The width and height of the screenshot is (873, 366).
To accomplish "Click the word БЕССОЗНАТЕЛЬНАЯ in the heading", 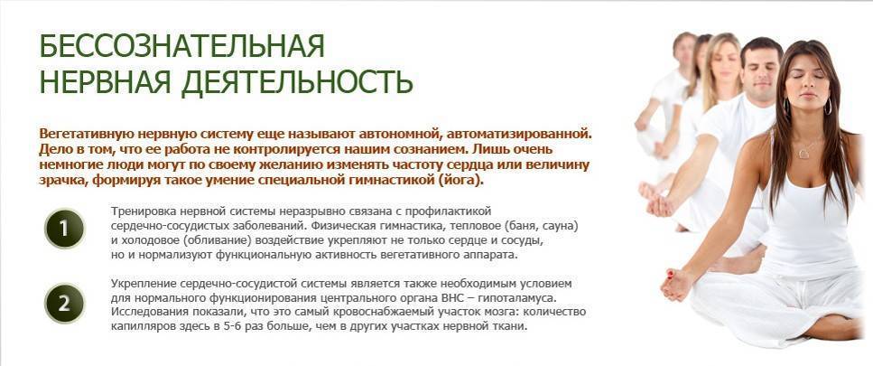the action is (x=181, y=46).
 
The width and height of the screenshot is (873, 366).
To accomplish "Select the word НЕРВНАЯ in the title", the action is (x=106, y=82).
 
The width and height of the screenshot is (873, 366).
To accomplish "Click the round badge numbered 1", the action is (x=64, y=229).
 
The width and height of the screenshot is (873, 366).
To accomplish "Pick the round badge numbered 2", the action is (x=64, y=304).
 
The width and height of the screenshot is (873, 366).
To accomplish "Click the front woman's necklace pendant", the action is (x=803, y=155).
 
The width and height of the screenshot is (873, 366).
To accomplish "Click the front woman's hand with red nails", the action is (x=676, y=283).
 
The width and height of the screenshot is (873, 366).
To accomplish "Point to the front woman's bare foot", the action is (x=834, y=328).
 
